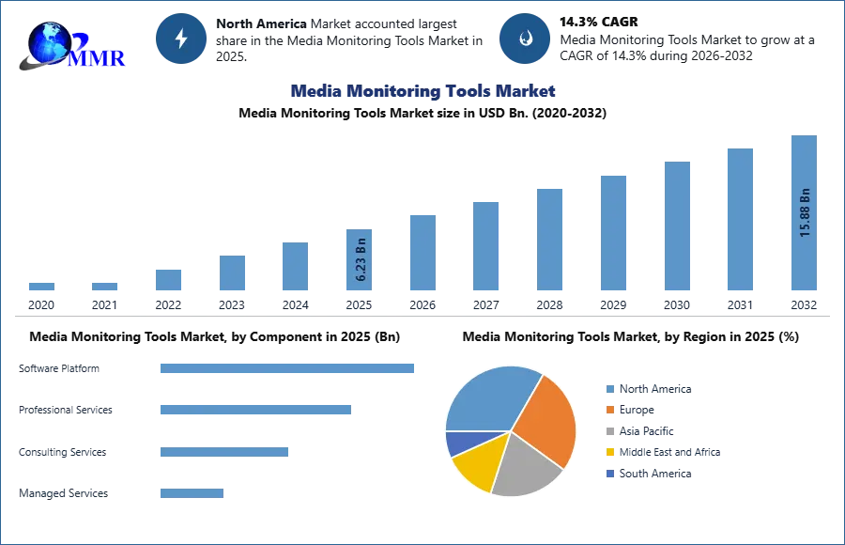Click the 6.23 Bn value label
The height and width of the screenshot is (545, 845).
point(361,257)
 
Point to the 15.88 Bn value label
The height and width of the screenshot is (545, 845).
point(805,213)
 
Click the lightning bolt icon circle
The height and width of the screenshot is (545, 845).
point(181,39)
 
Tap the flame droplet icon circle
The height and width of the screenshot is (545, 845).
point(525,39)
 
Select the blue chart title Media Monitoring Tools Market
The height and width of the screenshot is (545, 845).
point(422,91)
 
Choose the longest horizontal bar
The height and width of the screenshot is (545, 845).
point(288,368)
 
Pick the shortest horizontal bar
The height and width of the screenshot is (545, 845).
point(192,495)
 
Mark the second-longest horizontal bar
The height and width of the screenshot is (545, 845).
point(255,410)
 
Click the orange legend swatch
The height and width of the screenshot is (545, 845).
point(609,410)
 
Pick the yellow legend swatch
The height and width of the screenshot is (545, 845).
point(609,452)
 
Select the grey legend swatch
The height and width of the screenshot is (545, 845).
point(609,429)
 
